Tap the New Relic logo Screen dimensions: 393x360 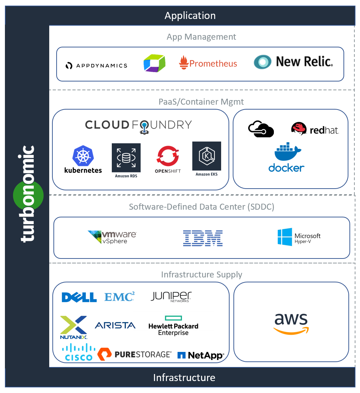pos(293,62)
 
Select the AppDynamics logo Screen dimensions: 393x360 pos(96,65)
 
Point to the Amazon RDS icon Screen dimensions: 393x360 pos(126,158)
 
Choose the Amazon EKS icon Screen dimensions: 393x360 pos(207,156)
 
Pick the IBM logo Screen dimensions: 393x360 pos(203,238)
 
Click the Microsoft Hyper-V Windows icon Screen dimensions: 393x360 pos(285,237)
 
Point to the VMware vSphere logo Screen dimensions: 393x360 pos(112,237)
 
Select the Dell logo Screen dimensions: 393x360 pos(79,297)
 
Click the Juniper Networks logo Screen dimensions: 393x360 pos(171,296)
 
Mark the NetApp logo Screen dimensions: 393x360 pos(200,355)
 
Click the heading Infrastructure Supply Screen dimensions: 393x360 pos(201,274)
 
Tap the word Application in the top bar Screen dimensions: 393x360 pos(190,16)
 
